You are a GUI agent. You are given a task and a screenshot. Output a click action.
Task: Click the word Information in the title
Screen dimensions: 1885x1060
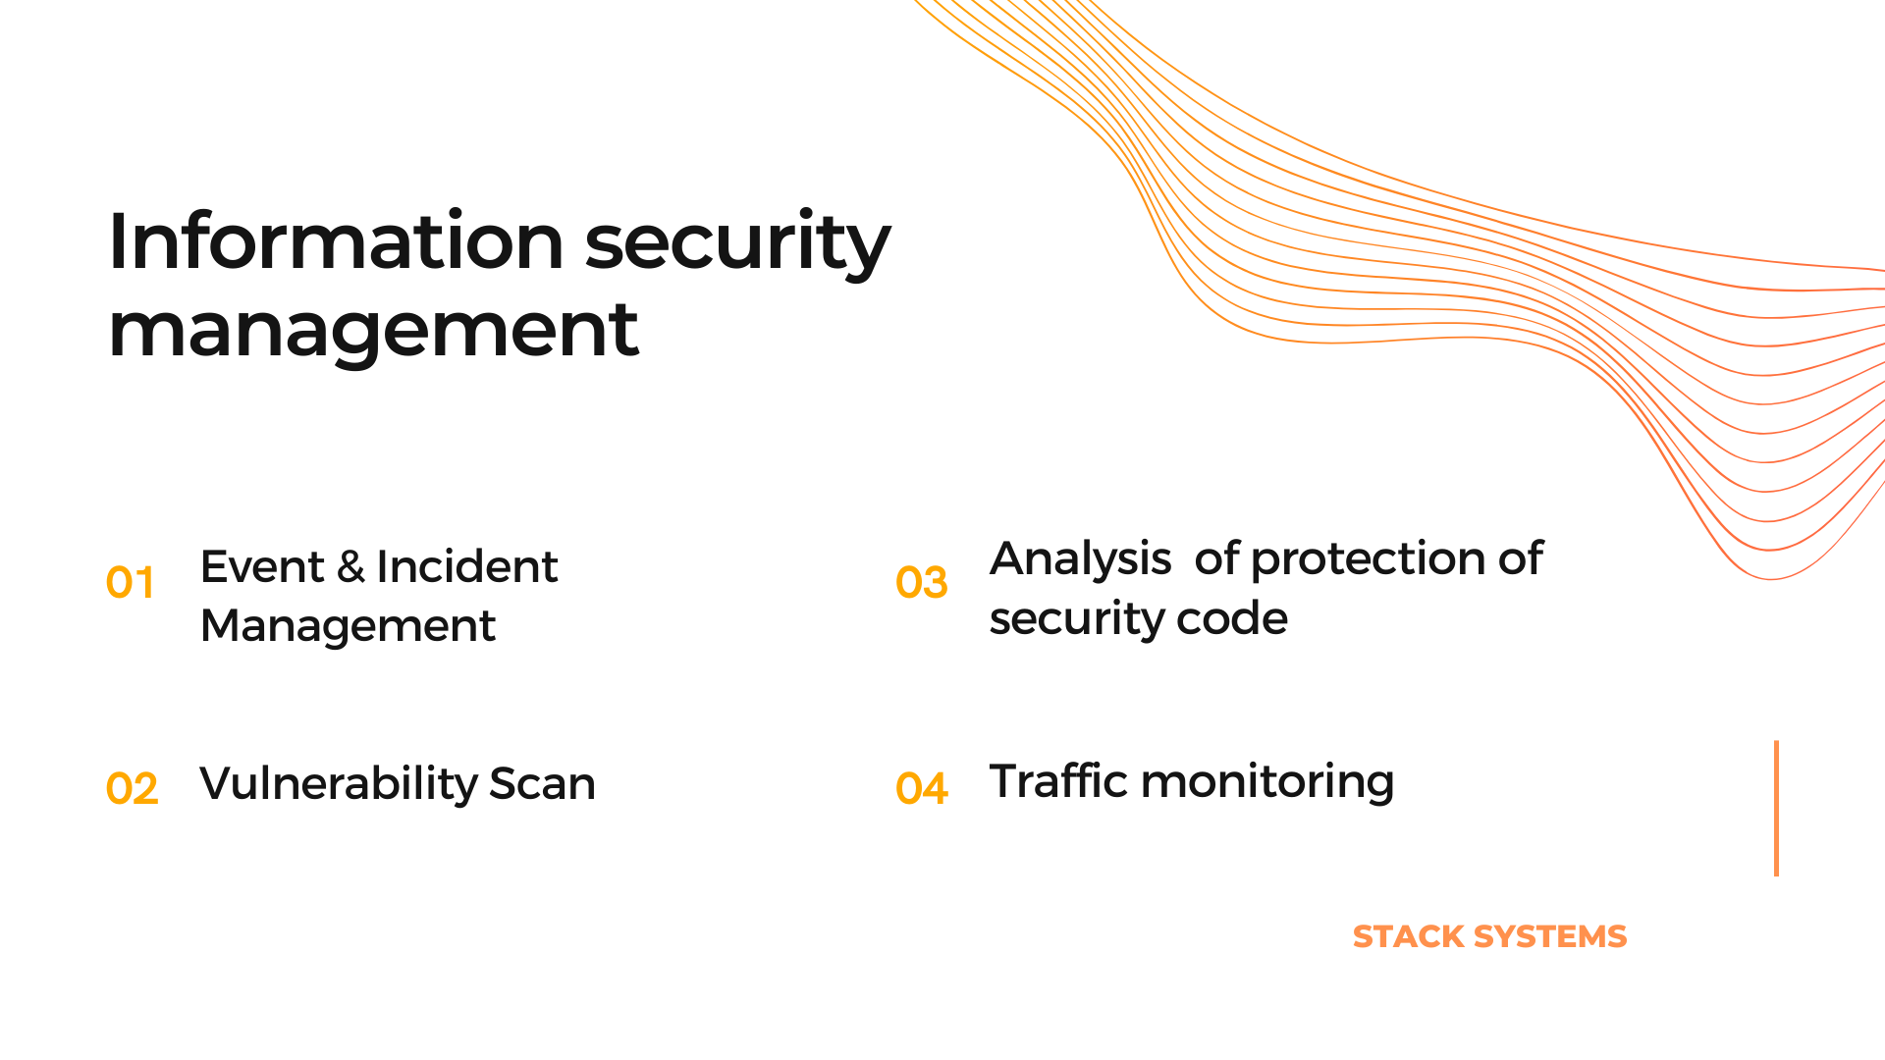tap(336, 240)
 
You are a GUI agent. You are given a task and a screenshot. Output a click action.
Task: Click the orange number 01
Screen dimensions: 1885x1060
tap(130, 583)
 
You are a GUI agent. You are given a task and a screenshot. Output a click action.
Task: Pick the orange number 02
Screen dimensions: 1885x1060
tap(132, 789)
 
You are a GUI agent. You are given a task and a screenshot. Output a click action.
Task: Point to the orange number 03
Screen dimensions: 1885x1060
tap(921, 583)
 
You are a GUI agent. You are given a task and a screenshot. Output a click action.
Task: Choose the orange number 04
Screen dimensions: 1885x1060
tap(921, 788)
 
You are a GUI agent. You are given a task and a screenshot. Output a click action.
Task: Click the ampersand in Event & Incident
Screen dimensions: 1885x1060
tap(350, 567)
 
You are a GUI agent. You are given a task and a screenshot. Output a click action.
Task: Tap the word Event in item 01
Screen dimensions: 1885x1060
tap(261, 567)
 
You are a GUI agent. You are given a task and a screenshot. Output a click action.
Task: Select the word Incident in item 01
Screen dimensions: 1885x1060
tap(466, 567)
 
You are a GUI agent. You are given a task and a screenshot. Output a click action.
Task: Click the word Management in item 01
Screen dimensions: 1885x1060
tap(348, 627)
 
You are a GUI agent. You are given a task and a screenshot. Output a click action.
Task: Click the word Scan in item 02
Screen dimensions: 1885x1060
tap(542, 784)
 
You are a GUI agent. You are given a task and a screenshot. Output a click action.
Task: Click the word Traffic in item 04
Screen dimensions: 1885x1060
tap(1058, 781)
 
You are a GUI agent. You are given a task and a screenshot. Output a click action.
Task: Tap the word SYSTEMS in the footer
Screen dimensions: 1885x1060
tap(1551, 937)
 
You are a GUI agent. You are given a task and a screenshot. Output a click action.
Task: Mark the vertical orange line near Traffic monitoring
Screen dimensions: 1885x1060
tap(1776, 808)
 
